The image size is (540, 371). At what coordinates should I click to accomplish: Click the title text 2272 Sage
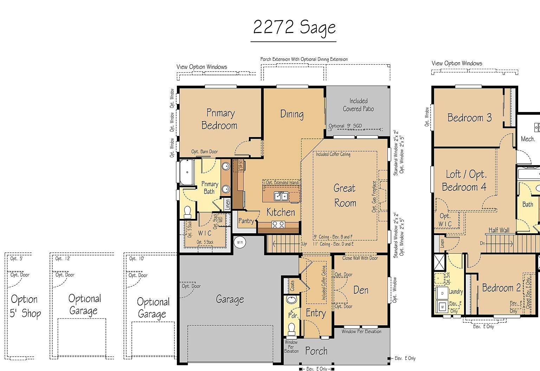pos(294,28)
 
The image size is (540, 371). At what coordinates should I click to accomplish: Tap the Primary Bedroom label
pos(220,119)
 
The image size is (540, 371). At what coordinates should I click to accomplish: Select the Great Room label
pos(345,195)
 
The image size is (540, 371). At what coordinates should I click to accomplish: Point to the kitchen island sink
pos(281,196)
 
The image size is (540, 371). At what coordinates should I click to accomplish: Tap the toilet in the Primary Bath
pos(188,212)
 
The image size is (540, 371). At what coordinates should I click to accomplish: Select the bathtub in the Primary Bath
pos(187,172)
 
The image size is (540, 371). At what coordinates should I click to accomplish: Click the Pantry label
pos(246,221)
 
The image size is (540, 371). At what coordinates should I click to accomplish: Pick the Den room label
pos(361,290)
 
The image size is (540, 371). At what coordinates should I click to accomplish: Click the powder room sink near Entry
pos(291,300)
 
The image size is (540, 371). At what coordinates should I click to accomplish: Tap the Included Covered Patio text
pos(358,105)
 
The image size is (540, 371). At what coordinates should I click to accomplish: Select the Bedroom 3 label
pos(469,117)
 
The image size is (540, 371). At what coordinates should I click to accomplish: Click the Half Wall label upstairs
pos(499,230)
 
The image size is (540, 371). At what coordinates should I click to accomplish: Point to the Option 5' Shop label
pos(25,306)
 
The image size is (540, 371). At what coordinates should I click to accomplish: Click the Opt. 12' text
pos(63,259)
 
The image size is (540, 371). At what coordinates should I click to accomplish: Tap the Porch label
pos(316,351)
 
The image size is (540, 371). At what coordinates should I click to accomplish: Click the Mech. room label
pos(528,139)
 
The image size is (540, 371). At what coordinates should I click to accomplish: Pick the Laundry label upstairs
pos(456,291)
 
